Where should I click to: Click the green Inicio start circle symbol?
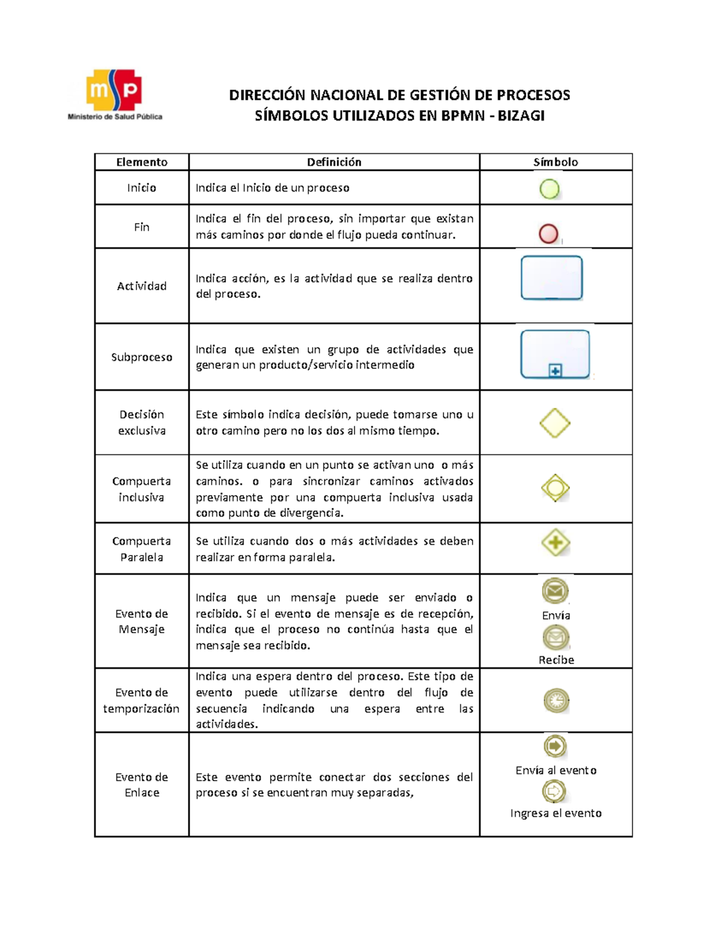pyautogui.click(x=549, y=189)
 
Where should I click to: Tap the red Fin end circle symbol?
pyautogui.click(x=548, y=234)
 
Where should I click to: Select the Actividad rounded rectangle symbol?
pyautogui.click(x=551, y=278)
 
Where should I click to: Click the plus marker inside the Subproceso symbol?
pyautogui.click(x=555, y=370)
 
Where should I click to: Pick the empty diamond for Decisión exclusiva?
pyautogui.click(x=555, y=423)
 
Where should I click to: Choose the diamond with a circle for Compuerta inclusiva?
pyautogui.click(x=555, y=488)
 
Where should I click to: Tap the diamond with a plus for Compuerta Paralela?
pyautogui.click(x=556, y=542)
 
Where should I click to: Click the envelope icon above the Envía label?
pyautogui.click(x=555, y=591)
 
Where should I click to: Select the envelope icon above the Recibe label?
pyautogui.click(x=556, y=637)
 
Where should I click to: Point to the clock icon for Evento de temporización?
pyautogui.click(x=556, y=700)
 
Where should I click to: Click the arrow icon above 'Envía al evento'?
pyautogui.click(x=555, y=746)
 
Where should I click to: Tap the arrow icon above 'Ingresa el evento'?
pyautogui.click(x=554, y=791)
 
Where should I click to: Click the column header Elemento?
pyautogui.click(x=142, y=162)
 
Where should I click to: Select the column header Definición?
pyautogui.click(x=334, y=162)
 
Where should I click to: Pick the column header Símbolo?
pyautogui.click(x=556, y=162)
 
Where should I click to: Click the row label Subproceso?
pyautogui.click(x=142, y=357)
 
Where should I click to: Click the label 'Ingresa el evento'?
pyautogui.click(x=556, y=813)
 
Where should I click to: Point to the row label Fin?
pyautogui.click(x=142, y=227)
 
